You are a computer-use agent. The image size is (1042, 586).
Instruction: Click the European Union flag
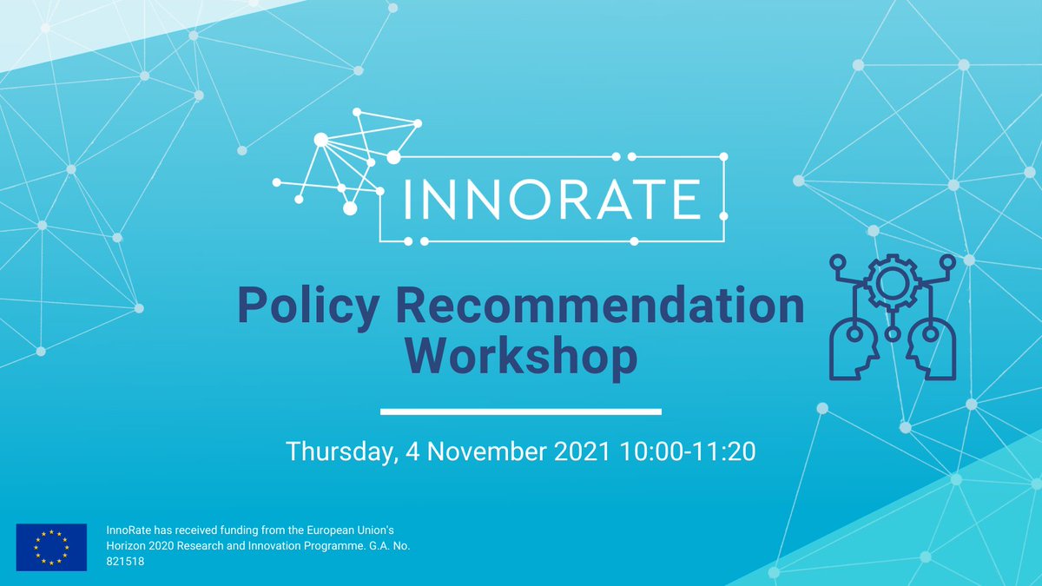pyautogui.click(x=51, y=547)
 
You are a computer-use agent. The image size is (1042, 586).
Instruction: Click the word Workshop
pyautogui.click(x=521, y=358)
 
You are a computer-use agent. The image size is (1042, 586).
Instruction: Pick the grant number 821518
pyautogui.click(x=125, y=562)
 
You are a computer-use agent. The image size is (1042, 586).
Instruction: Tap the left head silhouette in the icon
pyautogui.click(x=851, y=347)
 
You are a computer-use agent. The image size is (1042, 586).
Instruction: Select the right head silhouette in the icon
pyautogui.click(x=929, y=347)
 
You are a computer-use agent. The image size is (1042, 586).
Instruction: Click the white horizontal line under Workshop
pyautogui.click(x=521, y=411)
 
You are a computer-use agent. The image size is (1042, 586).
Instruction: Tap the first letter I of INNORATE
pyautogui.click(x=409, y=199)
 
